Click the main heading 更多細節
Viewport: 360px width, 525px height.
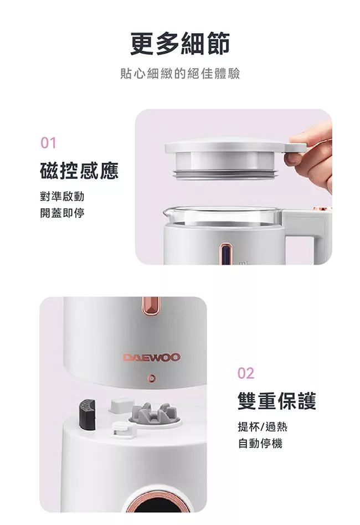pos(180,44)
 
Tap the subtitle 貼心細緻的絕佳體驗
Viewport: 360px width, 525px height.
pos(180,74)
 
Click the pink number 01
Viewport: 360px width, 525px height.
pos(48,143)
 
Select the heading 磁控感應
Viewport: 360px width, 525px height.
pos(79,171)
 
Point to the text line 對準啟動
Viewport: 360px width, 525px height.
pos(62,197)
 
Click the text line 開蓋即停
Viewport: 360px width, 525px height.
pos(62,213)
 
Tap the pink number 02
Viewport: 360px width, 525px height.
pos(246,373)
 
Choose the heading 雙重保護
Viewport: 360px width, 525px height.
pos(277,401)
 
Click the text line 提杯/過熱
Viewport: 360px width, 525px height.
pos(263,427)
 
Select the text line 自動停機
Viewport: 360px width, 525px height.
pos(260,443)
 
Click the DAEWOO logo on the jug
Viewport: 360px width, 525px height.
pos(152,357)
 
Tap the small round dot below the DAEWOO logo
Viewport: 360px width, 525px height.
pos(152,378)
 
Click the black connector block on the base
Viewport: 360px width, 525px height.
pos(87,414)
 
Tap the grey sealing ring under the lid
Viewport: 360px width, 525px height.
pos(226,174)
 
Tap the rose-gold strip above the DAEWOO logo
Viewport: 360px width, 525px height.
pos(151,305)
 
